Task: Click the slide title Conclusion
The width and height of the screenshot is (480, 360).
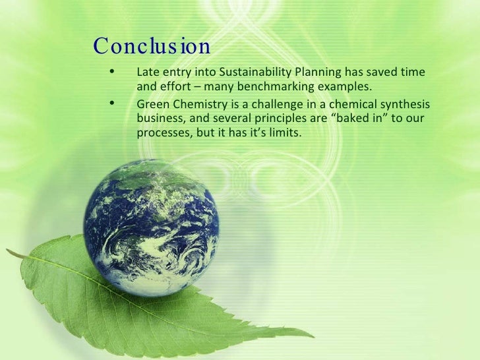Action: [x=152, y=47]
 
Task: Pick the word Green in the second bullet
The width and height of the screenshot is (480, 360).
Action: [x=152, y=105]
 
